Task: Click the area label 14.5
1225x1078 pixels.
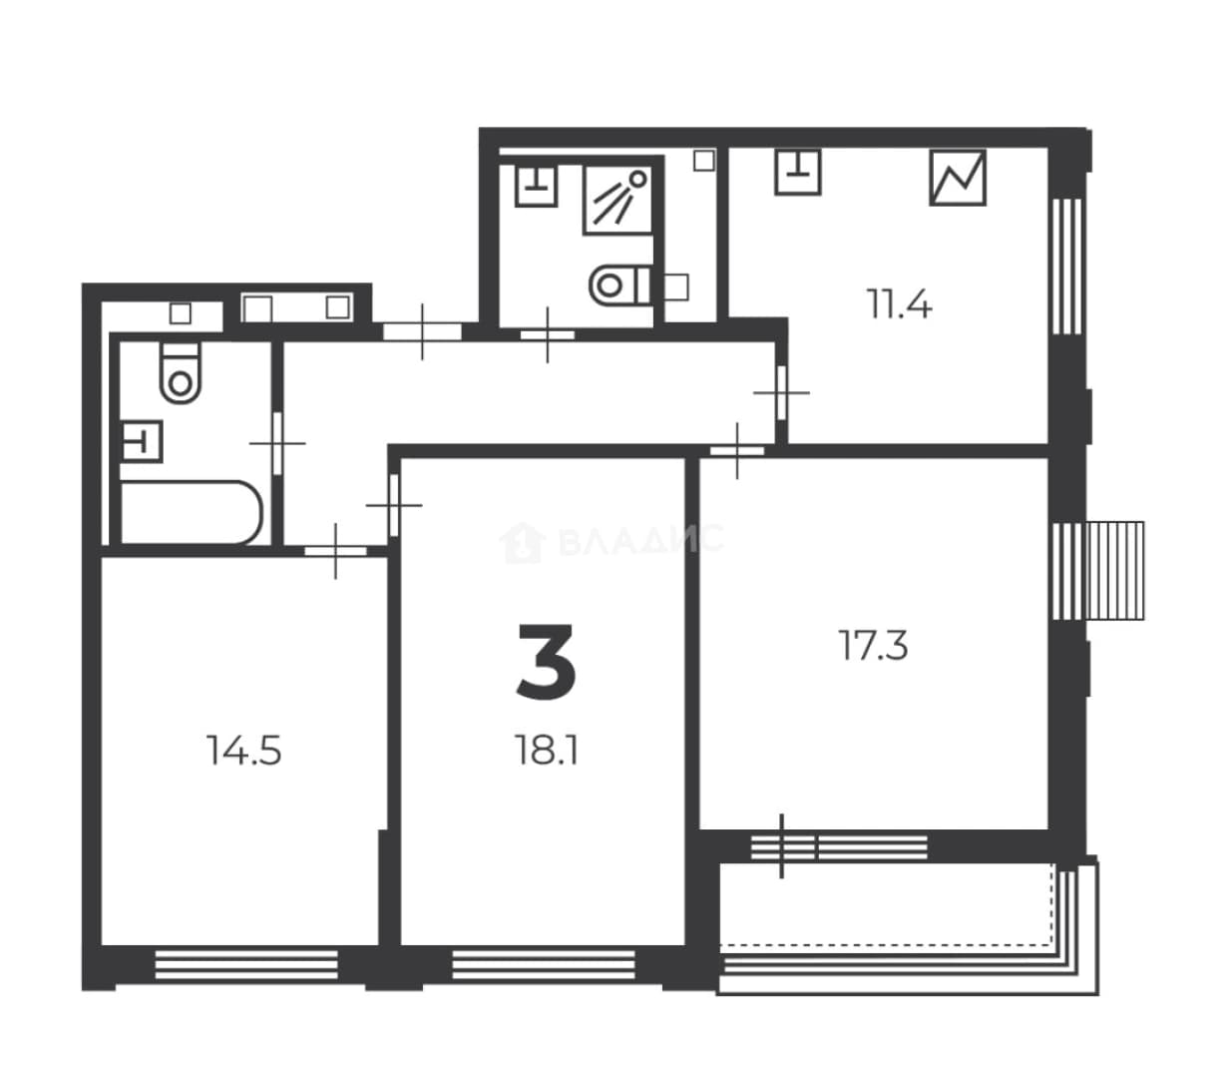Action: [243, 751]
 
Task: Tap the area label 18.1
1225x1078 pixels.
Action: [547, 750]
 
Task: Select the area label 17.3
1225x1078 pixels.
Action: [873, 645]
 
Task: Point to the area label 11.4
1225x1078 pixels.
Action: [899, 303]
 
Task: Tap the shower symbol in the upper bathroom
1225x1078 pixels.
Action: [617, 200]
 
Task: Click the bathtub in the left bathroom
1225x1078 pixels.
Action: [192, 512]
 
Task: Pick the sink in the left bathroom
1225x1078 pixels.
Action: [142, 441]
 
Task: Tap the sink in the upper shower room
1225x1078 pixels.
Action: [537, 186]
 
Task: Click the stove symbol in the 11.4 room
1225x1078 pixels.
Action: [957, 178]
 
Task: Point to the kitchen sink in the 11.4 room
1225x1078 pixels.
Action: [797, 172]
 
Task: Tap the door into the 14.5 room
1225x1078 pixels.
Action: [335, 551]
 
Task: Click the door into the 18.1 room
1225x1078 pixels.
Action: [394, 504]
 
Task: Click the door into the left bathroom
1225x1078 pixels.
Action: [277, 443]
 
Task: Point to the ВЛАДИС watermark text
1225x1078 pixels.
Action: [640, 540]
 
